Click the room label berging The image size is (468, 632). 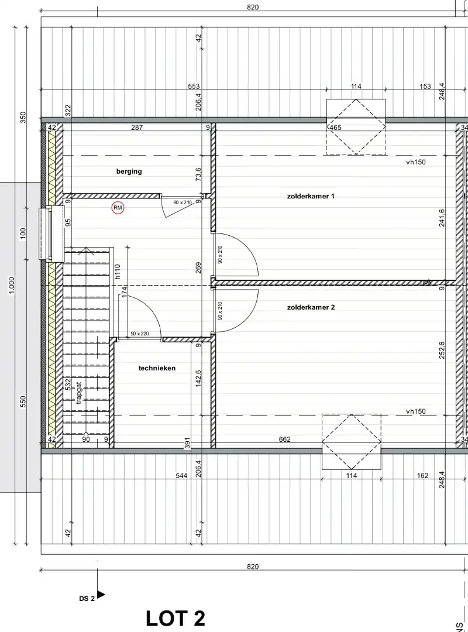click(x=129, y=171)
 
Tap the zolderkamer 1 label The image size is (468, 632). click(x=311, y=196)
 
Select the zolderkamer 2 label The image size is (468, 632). click(x=311, y=307)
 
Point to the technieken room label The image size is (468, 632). click(x=157, y=368)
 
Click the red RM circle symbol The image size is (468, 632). click(x=118, y=207)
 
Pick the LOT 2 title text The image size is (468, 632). click(x=175, y=618)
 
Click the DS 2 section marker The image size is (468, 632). click(x=91, y=597)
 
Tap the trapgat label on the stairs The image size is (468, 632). click(x=78, y=393)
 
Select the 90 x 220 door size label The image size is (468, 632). click(x=140, y=334)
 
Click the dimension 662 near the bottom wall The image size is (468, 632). click(x=285, y=439)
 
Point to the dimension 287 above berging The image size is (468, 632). click(x=137, y=127)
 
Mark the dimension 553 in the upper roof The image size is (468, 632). click(x=194, y=87)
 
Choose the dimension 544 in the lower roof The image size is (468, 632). click(x=181, y=476)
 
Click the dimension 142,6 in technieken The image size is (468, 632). click(x=198, y=379)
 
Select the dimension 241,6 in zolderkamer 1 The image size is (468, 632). click(x=442, y=218)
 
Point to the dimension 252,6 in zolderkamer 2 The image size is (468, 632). click(x=442, y=351)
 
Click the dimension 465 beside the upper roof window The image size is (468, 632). click(x=335, y=128)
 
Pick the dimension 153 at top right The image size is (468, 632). click(x=425, y=87)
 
